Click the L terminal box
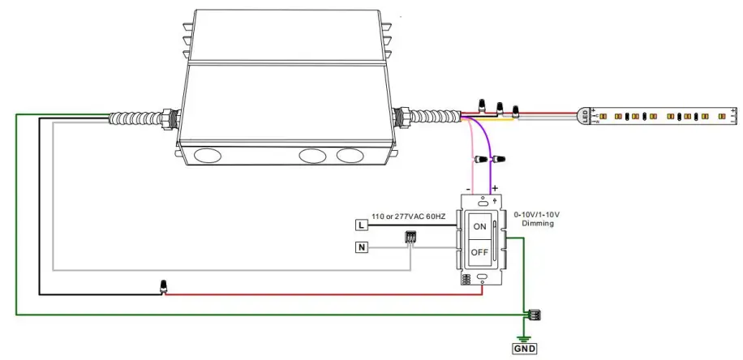click(x=361, y=225)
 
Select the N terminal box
click(x=361, y=246)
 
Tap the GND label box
click(x=525, y=349)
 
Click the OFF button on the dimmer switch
click(x=479, y=252)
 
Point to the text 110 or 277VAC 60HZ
click(x=409, y=216)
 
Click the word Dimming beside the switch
click(x=538, y=224)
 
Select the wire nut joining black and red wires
click(x=164, y=287)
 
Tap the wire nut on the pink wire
click(x=481, y=158)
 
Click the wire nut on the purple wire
click(x=497, y=159)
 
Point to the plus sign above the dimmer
click(x=495, y=188)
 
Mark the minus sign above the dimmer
click(x=468, y=189)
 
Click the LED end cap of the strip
click(x=585, y=116)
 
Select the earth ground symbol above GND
click(x=524, y=338)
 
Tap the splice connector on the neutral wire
click(x=410, y=237)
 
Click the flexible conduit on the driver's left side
click(x=135, y=118)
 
